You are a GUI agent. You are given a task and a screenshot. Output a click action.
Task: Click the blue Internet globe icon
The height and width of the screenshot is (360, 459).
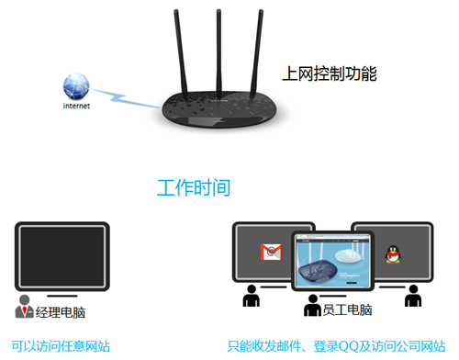(x=77, y=86)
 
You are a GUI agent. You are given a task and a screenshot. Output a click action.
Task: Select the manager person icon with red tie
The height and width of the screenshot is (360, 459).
(x=25, y=307)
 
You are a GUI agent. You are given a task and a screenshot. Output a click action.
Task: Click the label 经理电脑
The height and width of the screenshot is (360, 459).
(x=61, y=312)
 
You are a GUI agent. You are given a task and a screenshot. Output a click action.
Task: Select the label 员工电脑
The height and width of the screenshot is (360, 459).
(x=345, y=311)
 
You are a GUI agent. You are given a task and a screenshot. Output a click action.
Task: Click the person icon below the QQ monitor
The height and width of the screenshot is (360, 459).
(x=413, y=296)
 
